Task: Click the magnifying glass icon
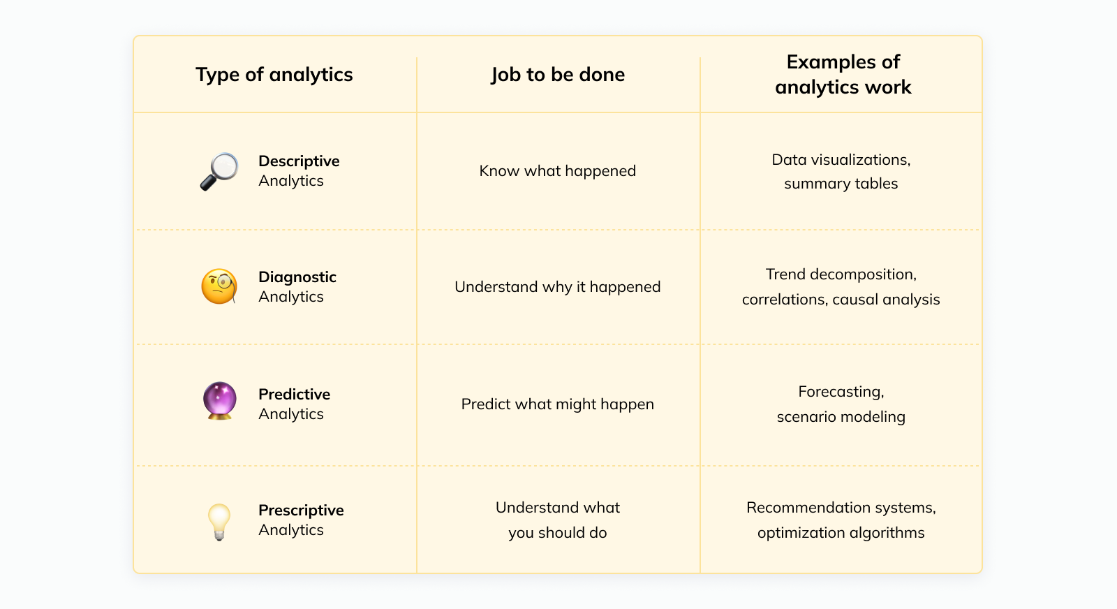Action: point(219,171)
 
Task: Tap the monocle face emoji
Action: point(219,286)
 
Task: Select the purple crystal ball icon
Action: point(219,400)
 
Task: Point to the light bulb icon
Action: point(219,522)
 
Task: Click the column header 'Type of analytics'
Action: point(274,74)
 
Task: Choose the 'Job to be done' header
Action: point(558,74)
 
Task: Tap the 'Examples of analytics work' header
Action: point(843,74)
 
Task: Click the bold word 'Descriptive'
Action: point(299,161)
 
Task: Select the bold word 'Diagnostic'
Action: point(297,277)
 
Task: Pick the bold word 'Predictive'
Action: point(294,394)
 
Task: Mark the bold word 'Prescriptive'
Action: point(301,511)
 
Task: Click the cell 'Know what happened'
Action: point(558,170)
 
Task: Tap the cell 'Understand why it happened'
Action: point(558,287)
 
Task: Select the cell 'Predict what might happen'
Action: point(558,404)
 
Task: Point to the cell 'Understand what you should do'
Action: point(558,520)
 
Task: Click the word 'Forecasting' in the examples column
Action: point(841,392)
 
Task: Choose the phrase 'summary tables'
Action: point(841,183)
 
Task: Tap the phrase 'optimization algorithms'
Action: point(841,533)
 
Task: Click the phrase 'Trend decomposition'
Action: point(840,274)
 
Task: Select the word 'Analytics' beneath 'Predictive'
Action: point(290,414)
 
